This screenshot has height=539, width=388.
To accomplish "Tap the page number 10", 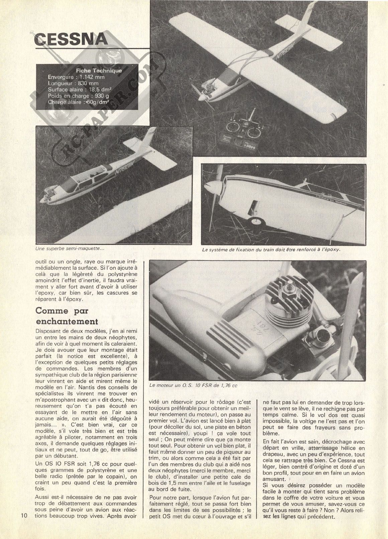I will pos(24,515).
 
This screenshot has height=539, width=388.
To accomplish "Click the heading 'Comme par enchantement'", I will pos(67,316).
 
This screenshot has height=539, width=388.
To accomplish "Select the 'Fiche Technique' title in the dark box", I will pos(99,71).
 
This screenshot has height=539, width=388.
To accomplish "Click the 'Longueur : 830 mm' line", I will pos(73,84).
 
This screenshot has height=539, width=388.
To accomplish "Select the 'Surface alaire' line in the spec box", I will pos(80,90).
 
